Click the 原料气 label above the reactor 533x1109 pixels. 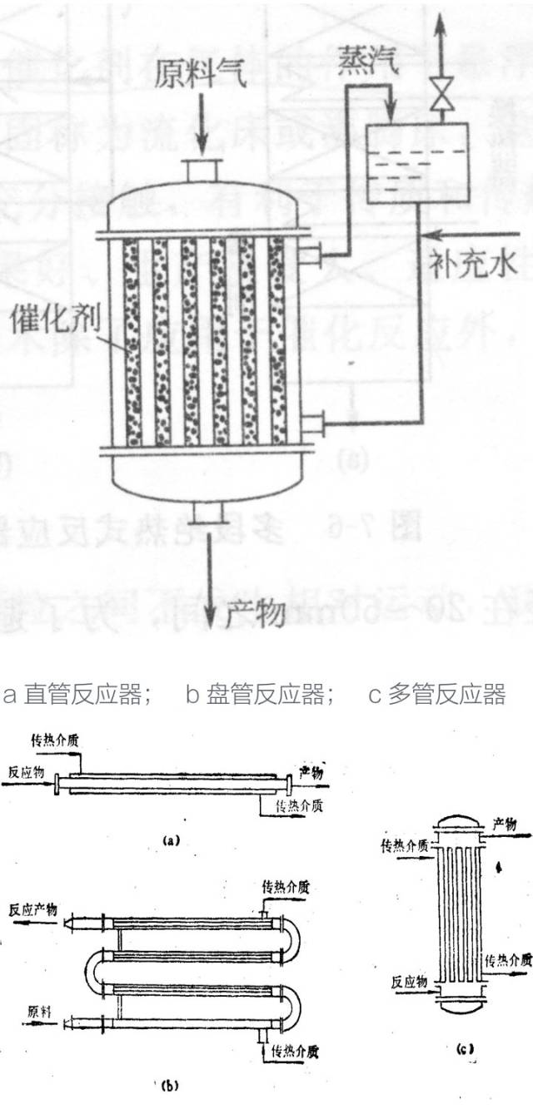[x=200, y=77]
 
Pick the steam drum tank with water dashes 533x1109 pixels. [x=416, y=165]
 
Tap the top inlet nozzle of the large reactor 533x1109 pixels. [x=200, y=169]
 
